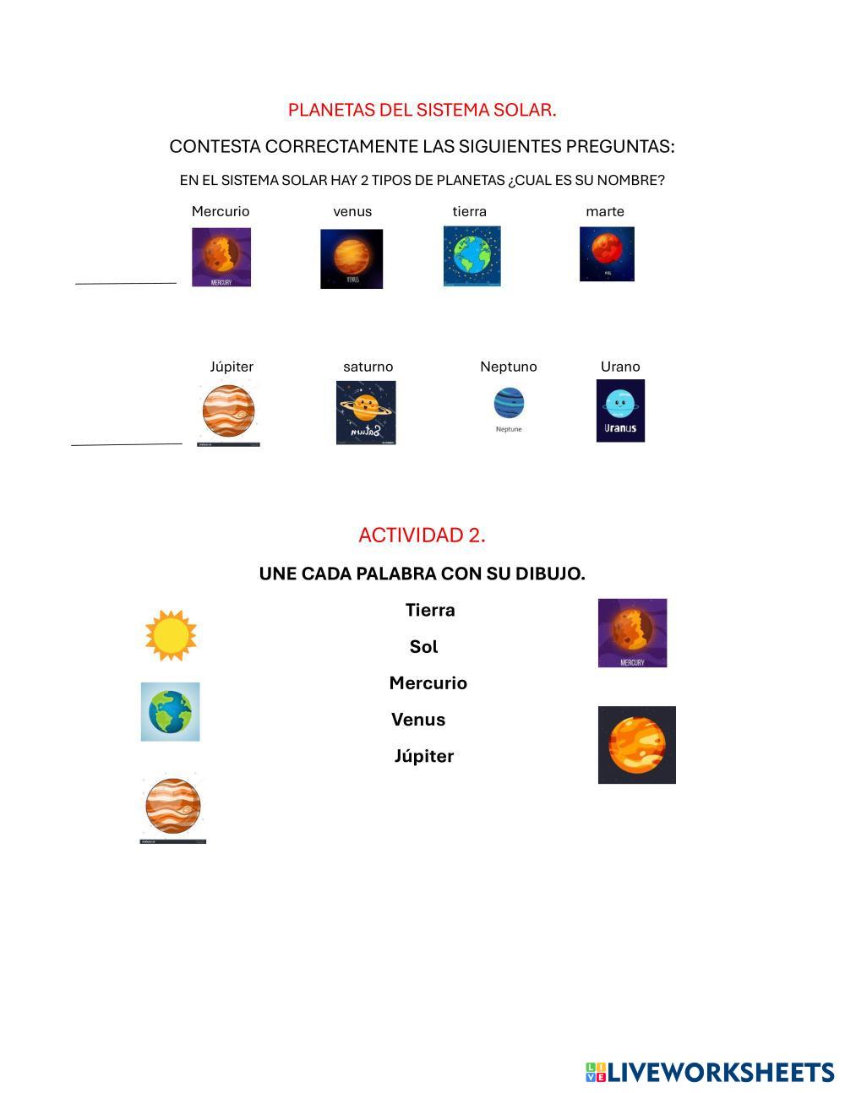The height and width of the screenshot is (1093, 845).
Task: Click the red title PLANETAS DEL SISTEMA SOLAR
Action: pos(422,110)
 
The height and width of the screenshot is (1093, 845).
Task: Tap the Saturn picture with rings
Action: pos(366,411)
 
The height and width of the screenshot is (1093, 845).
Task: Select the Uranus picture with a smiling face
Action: pos(620,410)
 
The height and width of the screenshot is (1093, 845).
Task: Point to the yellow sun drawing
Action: pos(171,635)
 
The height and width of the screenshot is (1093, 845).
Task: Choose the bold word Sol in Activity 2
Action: pos(423,647)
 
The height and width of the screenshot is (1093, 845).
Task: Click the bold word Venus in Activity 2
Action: pos(418,720)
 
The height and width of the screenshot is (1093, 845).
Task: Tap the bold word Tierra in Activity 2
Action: pos(430,610)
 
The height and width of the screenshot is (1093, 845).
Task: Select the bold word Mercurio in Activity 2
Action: pos(428,683)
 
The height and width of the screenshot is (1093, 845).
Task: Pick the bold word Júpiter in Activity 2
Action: pos(424,756)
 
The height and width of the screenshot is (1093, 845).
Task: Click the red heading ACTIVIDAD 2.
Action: pos(422,535)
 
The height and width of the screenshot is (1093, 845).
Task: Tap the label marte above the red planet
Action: pos(605,211)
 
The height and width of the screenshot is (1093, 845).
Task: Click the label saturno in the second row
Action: pos(368,367)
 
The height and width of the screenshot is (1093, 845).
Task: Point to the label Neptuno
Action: pos(508,367)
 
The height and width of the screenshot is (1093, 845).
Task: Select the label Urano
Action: pos(620,367)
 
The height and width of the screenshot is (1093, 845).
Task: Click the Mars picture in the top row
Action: pos(607,253)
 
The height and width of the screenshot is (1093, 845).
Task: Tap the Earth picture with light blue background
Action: pos(170,711)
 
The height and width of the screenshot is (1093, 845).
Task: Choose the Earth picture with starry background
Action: pos(472,256)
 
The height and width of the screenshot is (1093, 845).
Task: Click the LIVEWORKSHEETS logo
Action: pos(710,1072)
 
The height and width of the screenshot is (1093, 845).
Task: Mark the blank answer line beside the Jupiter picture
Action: pos(127,443)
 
